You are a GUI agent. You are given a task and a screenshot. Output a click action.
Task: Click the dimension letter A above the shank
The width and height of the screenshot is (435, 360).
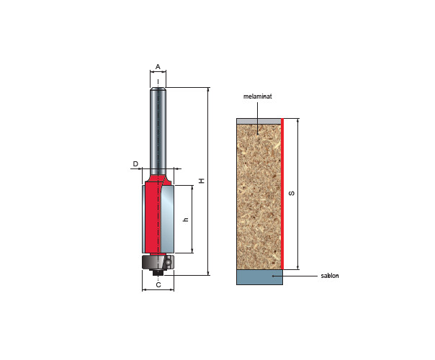coord(158,67)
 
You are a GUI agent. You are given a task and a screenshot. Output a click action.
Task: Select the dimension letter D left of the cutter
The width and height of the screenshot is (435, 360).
coord(135,164)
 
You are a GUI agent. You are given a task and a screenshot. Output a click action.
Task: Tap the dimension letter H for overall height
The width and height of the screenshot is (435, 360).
coord(202,181)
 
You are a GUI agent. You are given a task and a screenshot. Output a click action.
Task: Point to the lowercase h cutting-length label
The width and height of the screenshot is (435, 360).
coord(186,219)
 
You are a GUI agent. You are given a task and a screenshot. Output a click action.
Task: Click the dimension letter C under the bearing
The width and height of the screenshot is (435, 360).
coord(158,285)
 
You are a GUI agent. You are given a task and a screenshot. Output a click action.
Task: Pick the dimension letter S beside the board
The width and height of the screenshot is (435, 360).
coord(292,193)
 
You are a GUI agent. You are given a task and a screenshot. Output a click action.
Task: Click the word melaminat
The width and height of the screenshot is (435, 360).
coord(257,96)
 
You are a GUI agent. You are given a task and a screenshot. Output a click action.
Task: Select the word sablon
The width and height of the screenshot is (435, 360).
coord(330,276)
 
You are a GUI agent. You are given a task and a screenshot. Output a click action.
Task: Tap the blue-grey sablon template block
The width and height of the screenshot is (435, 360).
coord(259,277)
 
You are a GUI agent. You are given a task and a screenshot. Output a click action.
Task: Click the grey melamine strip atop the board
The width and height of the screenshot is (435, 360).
coord(259,121)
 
